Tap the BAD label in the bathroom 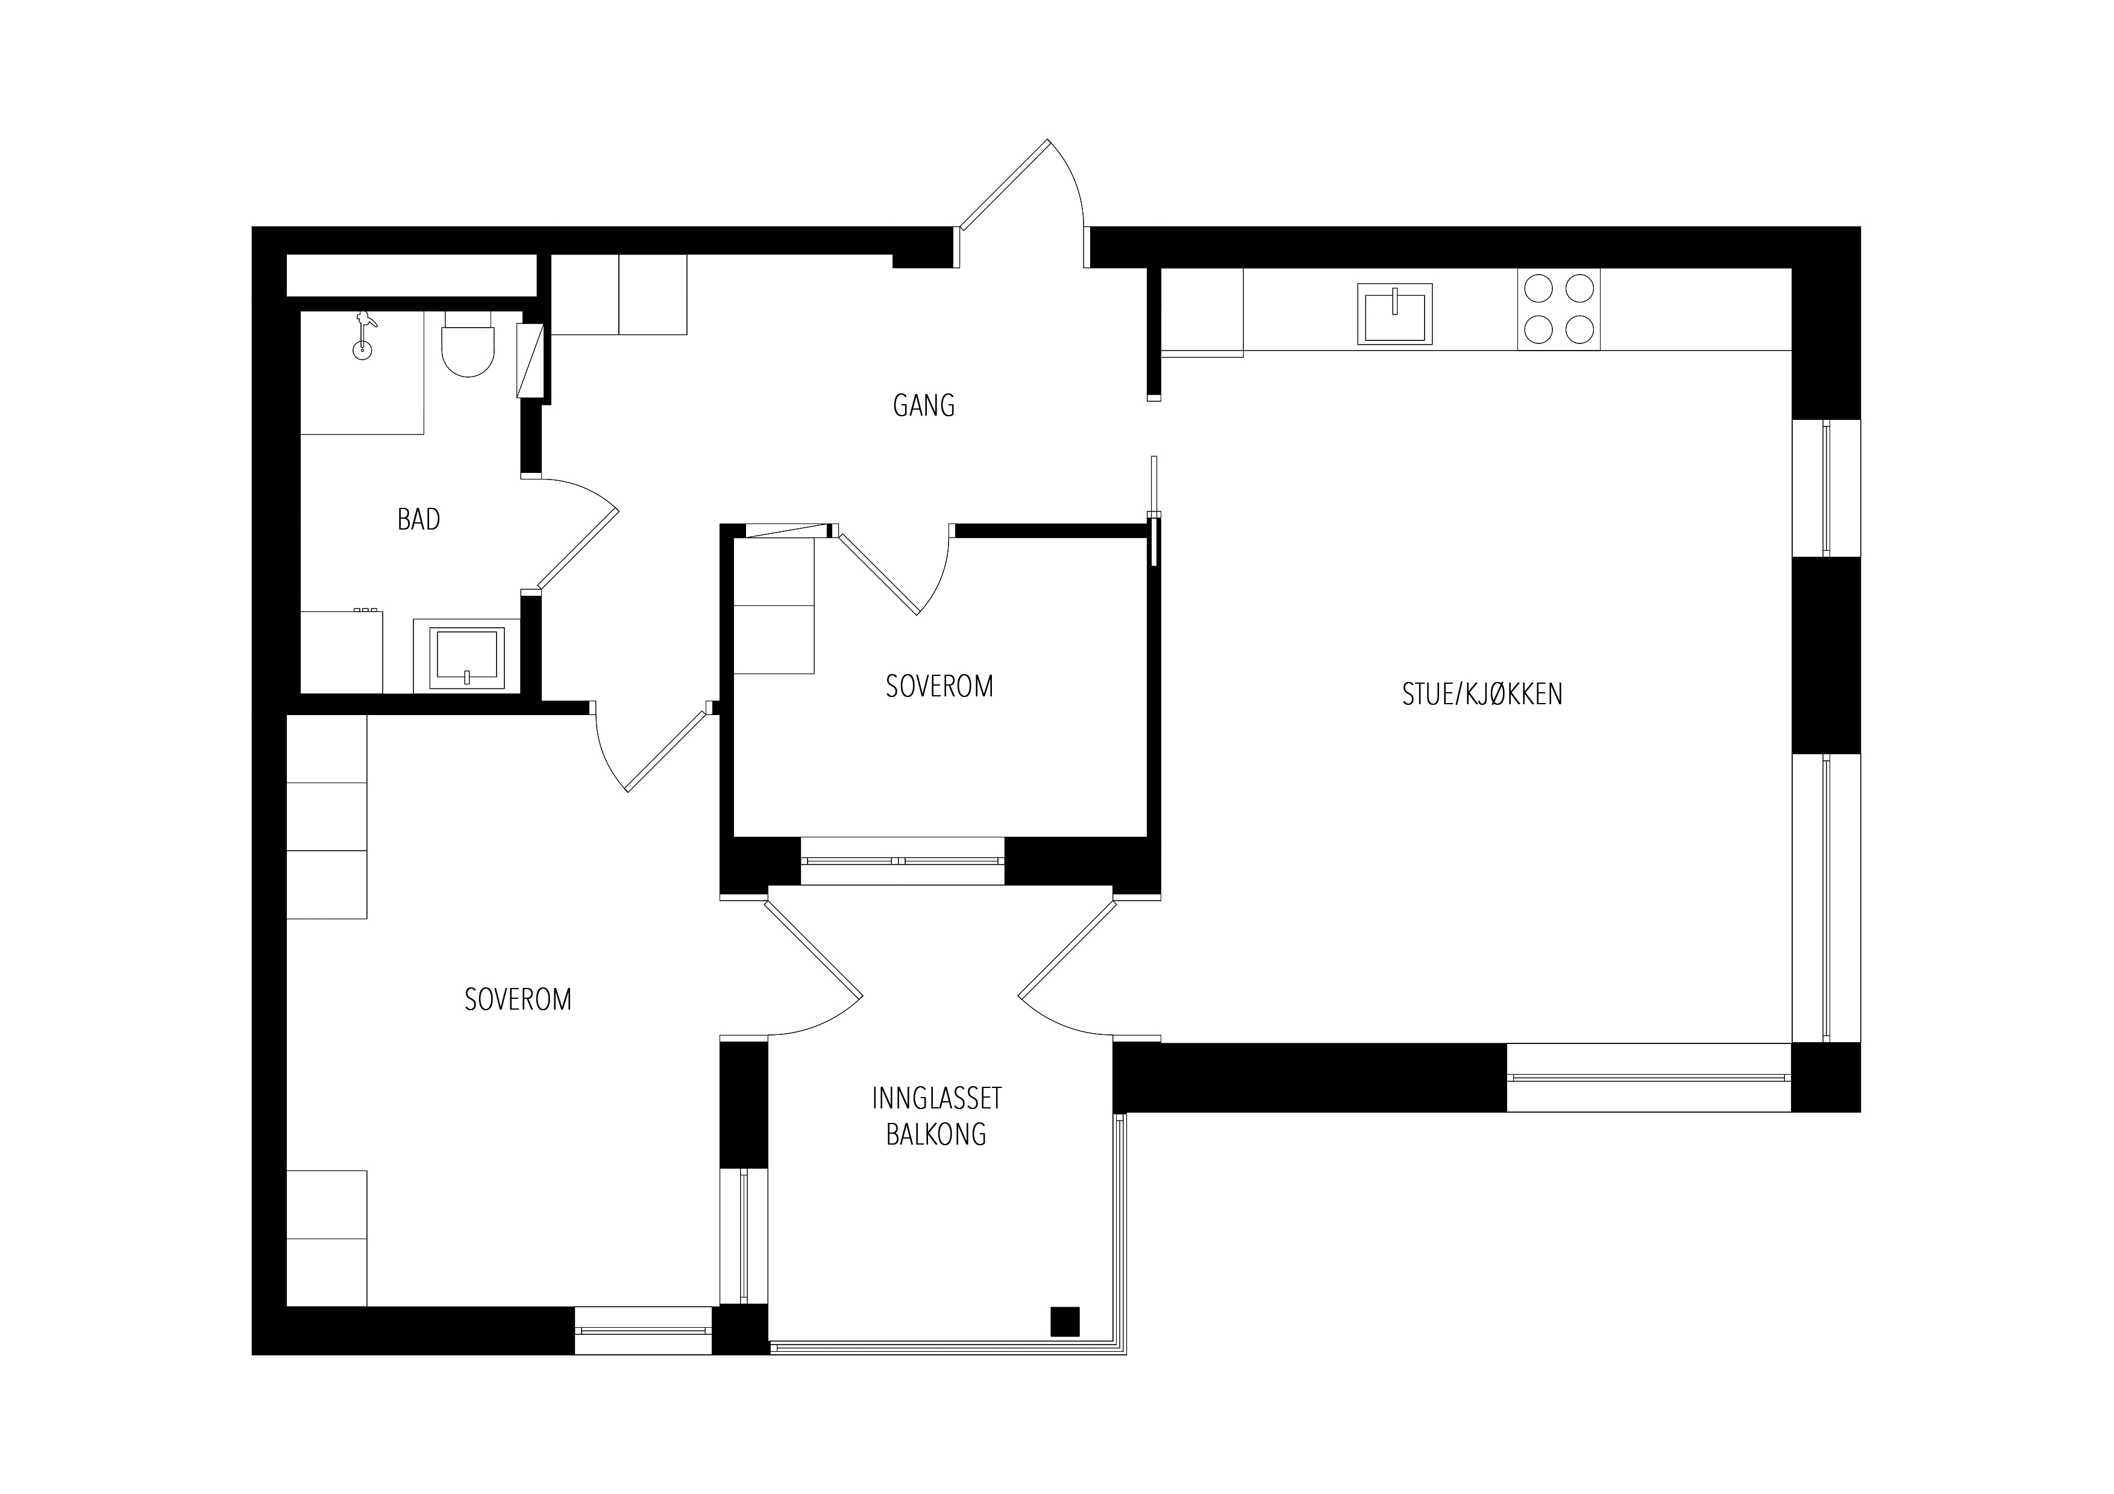point(418,519)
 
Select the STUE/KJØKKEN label point(1481,694)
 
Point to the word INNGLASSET point(936,1098)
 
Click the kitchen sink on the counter point(1395,313)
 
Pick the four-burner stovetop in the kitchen point(1559,309)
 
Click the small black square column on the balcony point(1065,1321)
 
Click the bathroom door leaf point(579,549)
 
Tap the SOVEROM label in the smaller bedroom point(939,687)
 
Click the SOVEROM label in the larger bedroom point(518,999)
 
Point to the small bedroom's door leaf point(879,574)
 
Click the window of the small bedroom point(902,861)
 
